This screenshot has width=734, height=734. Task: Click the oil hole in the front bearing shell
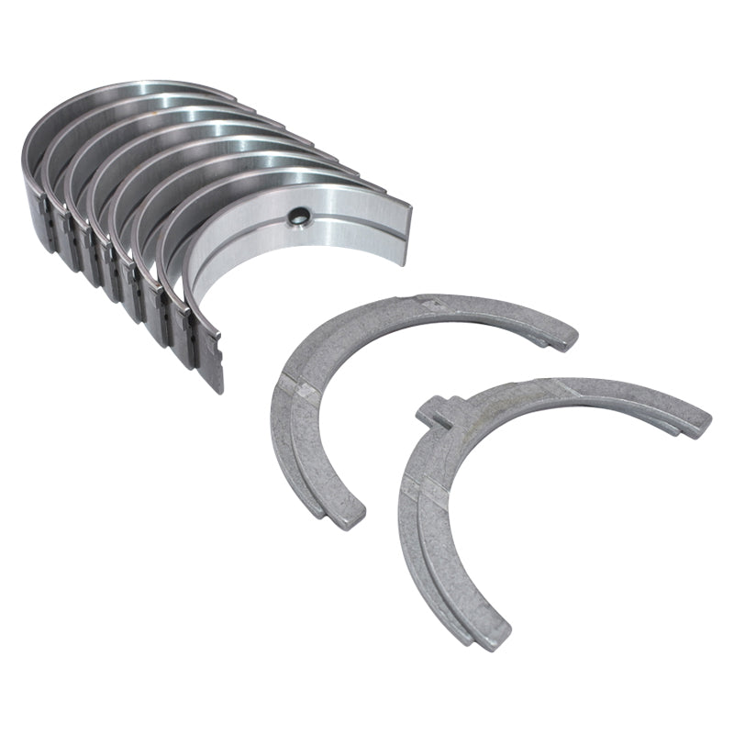pos(299,217)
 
